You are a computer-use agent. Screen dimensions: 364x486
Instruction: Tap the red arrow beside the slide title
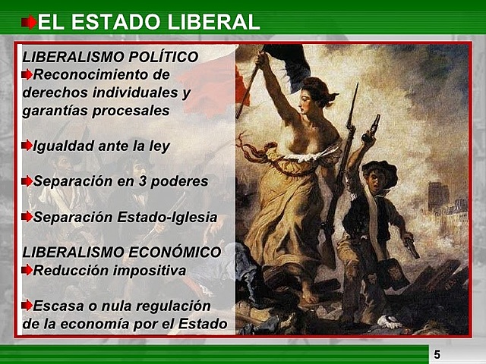click(x=29, y=22)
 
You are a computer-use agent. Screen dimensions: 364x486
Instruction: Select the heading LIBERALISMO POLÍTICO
click(x=110, y=57)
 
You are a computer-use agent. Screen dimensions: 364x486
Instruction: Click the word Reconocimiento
click(x=102, y=74)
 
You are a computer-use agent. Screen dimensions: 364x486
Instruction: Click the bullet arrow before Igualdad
click(x=27, y=146)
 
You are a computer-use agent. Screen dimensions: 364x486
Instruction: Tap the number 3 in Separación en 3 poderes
click(x=138, y=181)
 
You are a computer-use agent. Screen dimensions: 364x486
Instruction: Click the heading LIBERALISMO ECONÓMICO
click(x=121, y=252)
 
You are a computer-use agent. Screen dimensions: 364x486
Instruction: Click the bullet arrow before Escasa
click(x=27, y=306)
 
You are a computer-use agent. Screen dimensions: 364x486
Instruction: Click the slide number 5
click(x=437, y=354)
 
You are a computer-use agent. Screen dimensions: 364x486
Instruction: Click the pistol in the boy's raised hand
click(x=372, y=127)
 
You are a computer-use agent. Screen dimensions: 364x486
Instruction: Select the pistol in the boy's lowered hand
click(x=411, y=247)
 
